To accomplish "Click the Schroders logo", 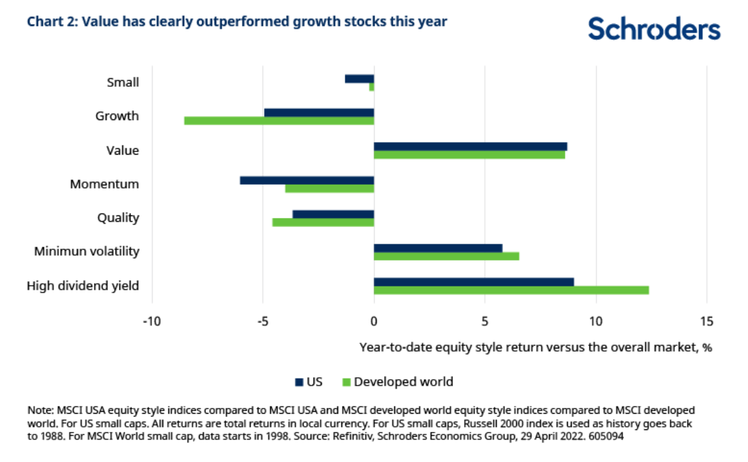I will pos(654,29).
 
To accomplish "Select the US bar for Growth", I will pos(319,112).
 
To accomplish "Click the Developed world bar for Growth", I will pos(279,121).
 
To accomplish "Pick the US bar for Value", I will pos(470,146).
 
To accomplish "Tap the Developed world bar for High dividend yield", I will pos(511,290).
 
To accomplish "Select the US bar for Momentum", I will pos(307,180).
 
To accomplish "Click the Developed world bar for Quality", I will pos(323,223).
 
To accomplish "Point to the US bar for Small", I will pos(359,78).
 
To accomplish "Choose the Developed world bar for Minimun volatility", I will pos(446,256).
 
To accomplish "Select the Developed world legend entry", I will pos(399,382).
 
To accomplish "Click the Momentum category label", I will pos(104,184).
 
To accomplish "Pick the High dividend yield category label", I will pos(83,286).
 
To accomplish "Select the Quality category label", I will pos(118,218).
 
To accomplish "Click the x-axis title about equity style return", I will pos(535,347).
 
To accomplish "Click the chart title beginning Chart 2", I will pos(237,22).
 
